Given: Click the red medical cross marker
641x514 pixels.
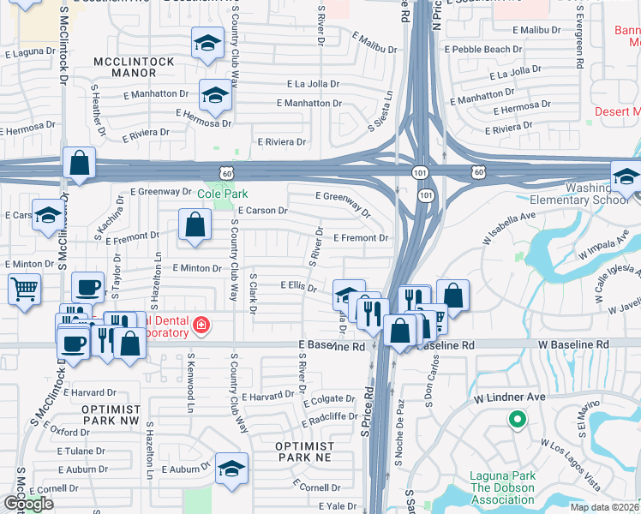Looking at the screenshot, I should point(201,326).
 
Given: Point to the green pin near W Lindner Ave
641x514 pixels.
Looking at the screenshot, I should point(516,420).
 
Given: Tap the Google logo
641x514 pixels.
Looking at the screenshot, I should point(28,505).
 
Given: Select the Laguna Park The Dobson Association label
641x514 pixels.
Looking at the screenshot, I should point(502,483).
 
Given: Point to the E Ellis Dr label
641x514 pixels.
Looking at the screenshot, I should point(299,286).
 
